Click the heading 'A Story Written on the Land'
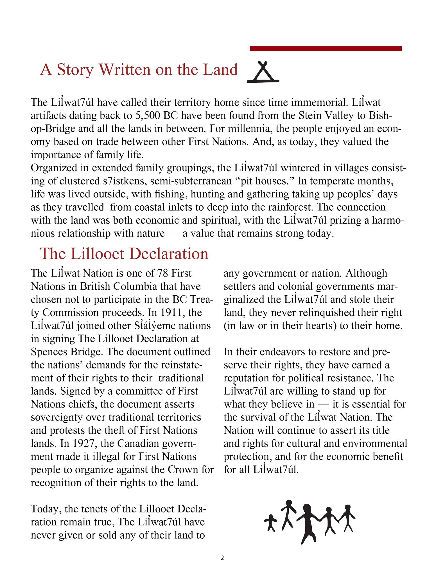[139, 70]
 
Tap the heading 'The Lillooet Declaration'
[124, 254]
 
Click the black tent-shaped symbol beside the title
[263, 72]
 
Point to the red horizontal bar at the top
[326, 49]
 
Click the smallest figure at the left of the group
[271, 523]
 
